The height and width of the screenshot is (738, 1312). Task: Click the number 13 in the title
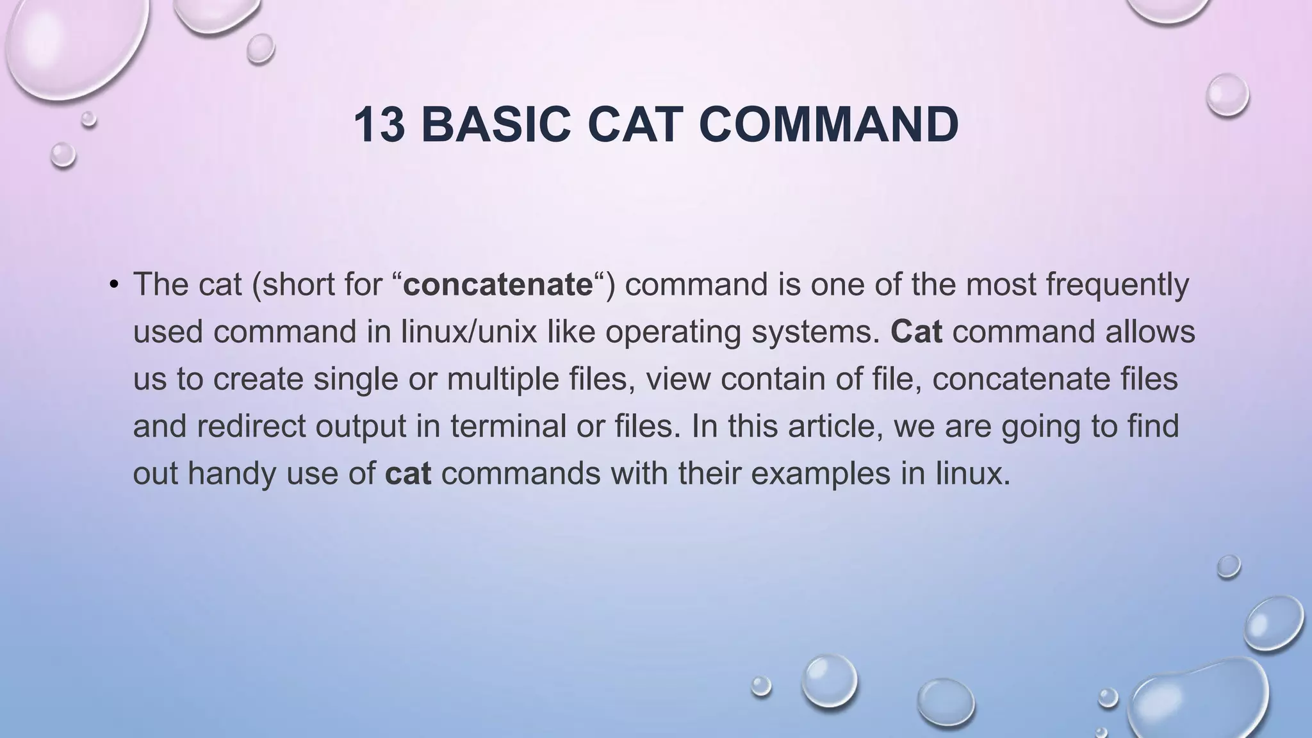point(379,125)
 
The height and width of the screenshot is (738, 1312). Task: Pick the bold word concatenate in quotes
point(498,284)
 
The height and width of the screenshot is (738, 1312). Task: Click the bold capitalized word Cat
point(916,332)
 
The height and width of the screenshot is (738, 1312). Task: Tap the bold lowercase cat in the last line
point(408,474)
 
